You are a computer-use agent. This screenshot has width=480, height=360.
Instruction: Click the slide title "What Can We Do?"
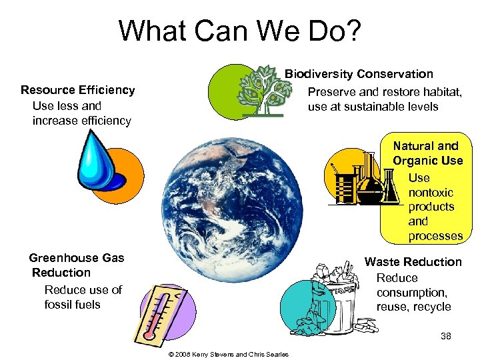(x=239, y=31)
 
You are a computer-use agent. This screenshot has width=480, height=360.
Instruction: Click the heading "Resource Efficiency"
(x=77, y=90)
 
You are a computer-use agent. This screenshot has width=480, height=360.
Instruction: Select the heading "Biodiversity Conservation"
(x=359, y=74)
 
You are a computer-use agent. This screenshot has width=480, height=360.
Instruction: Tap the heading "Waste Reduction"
(x=413, y=262)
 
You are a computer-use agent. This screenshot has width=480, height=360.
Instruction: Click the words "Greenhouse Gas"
(x=77, y=258)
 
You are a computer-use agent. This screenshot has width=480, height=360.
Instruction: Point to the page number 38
(x=446, y=337)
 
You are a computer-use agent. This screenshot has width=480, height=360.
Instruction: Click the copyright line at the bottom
(x=229, y=354)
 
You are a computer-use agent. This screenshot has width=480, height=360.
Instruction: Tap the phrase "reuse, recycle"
(x=413, y=307)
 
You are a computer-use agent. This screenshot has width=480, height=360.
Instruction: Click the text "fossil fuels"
(x=72, y=304)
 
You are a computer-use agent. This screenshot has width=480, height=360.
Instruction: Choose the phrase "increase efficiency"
(x=81, y=121)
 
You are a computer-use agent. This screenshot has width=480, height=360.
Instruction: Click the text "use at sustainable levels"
(x=373, y=107)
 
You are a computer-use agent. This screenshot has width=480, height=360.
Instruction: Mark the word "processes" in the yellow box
(x=435, y=236)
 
